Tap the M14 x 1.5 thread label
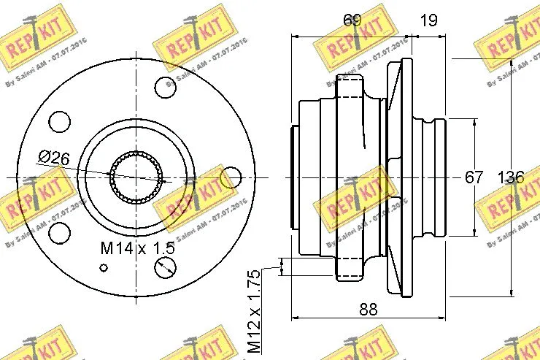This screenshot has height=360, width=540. (137, 248)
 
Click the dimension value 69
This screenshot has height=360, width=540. (352, 20)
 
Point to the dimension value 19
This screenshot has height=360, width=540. (429, 20)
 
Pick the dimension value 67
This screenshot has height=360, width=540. (475, 177)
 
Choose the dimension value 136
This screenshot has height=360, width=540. (510, 177)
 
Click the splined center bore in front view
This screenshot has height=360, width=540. (136, 177)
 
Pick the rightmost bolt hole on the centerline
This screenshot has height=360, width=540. (231, 177)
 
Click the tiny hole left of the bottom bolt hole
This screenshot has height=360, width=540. (103, 268)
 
